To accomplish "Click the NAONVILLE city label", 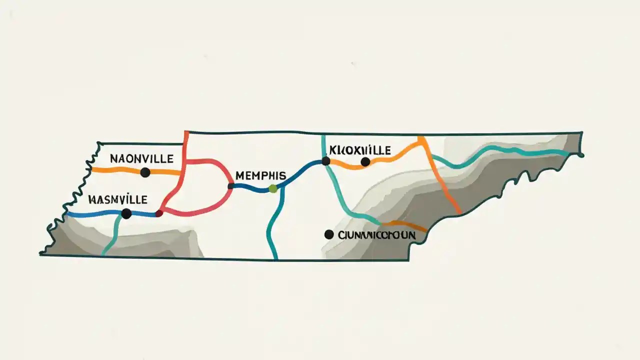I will click(x=141, y=159).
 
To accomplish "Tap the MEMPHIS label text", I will click(x=260, y=175).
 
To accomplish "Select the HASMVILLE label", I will click(x=117, y=199).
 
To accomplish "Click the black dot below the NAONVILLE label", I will click(x=145, y=172).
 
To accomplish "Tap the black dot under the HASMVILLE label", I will click(x=126, y=213).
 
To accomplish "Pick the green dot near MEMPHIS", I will click(x=272, y=188).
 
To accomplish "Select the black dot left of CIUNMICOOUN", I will click(x=328, y=234).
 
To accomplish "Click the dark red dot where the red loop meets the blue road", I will click(x=159, y=213).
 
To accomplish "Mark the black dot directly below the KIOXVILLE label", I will click(x=365, y=161).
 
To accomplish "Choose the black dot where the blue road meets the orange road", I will click(x=325, y=161).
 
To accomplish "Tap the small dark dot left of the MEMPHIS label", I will click(x=231, y=186).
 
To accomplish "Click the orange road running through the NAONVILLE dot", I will click(x=115, y=169).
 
